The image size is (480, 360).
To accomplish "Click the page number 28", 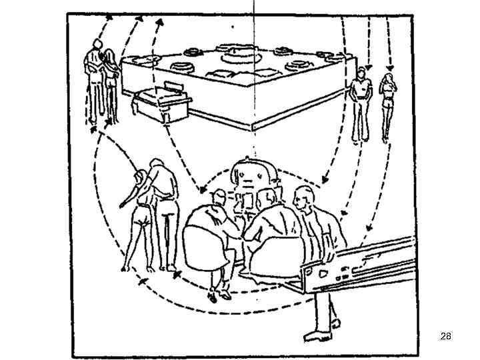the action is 446,337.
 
